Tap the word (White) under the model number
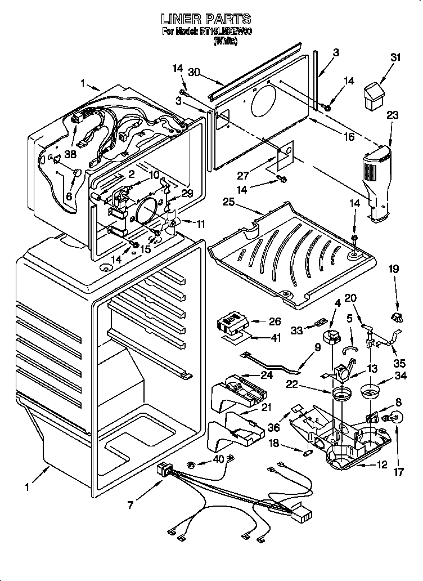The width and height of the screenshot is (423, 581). [x=226, y=41]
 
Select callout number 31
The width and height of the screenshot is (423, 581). [x=396, y=57]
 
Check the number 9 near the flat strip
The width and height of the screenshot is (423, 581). [x=317, y=347]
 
